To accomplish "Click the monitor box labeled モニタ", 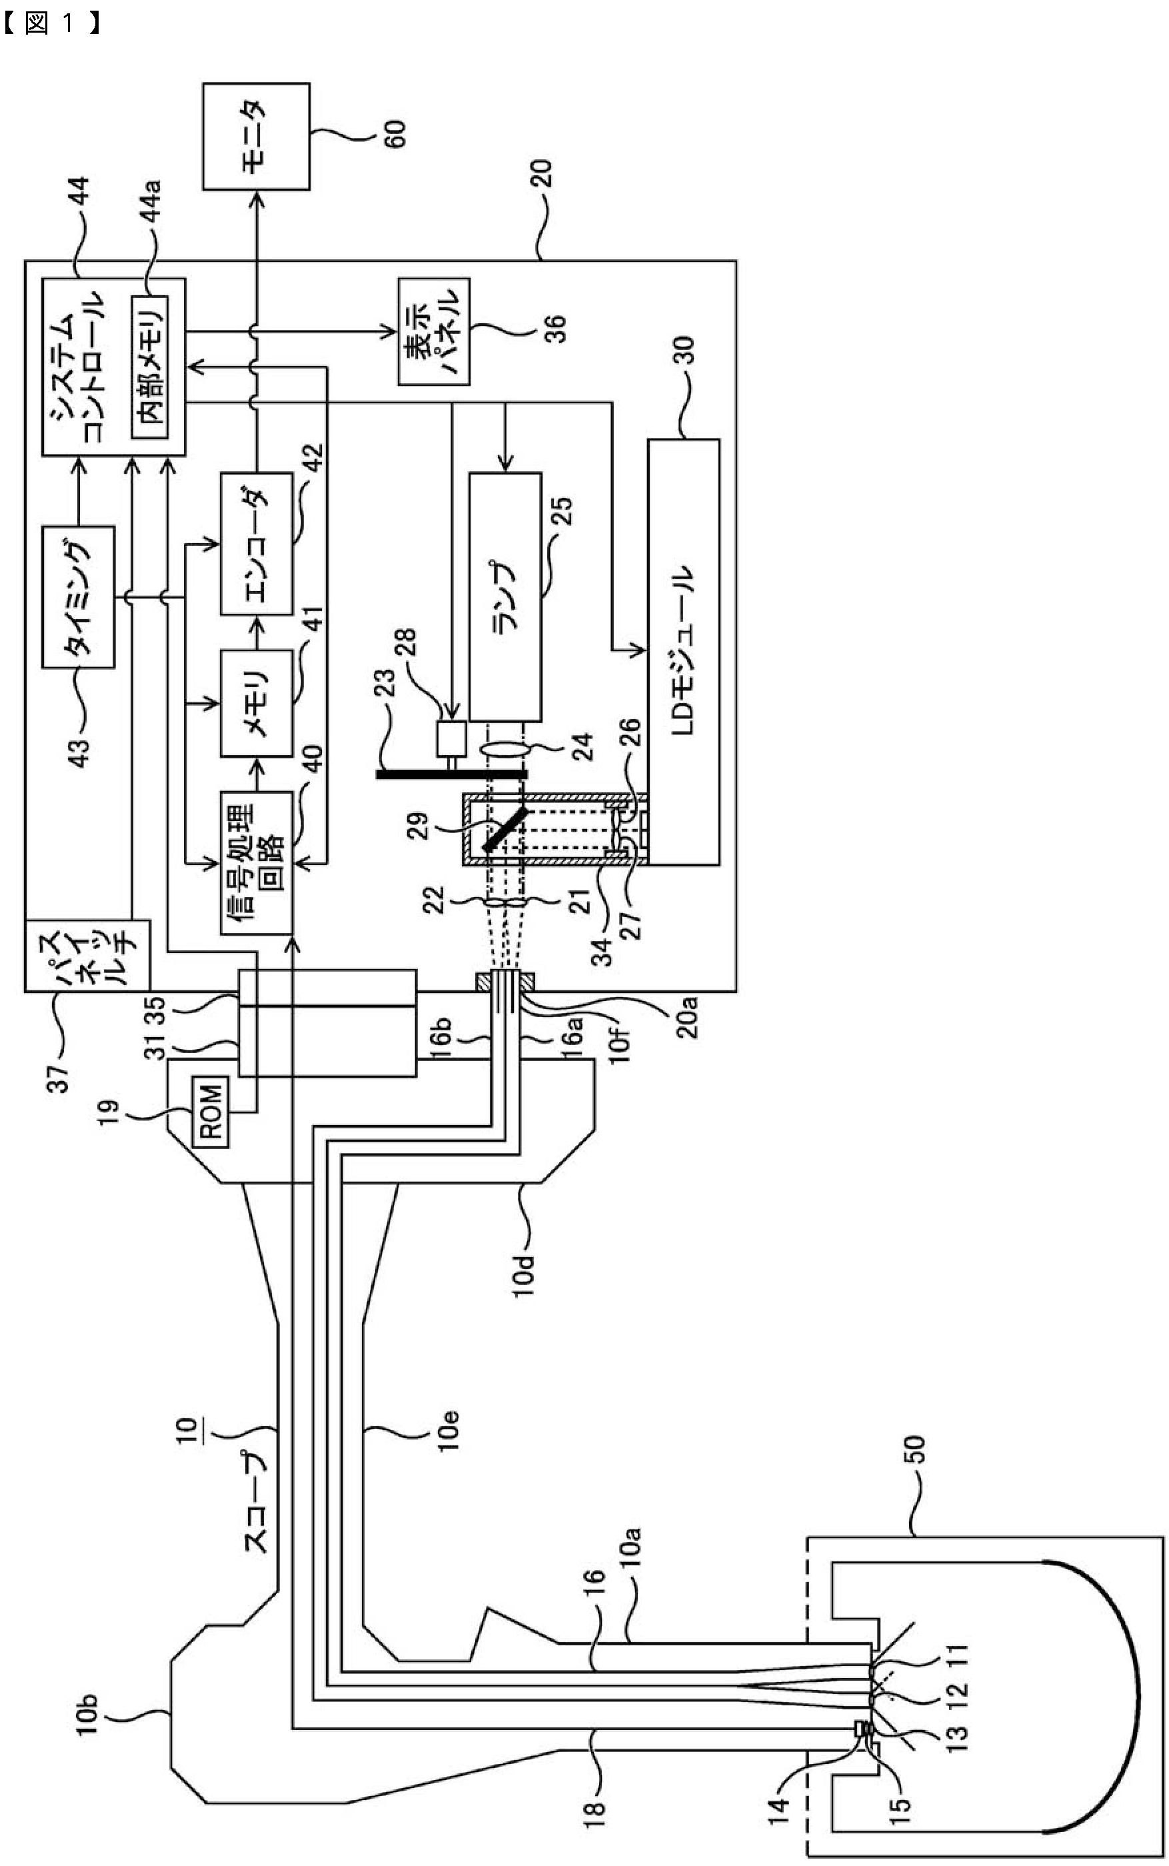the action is [x=257, y=137].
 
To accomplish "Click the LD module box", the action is [x=683, y=652].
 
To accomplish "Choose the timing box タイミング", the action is [x=78, y=596].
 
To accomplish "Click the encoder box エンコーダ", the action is [x=257, y=543].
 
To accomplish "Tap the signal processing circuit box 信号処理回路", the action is [x=257, y=862].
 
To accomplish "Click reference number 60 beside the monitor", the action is [x=391, y=136].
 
